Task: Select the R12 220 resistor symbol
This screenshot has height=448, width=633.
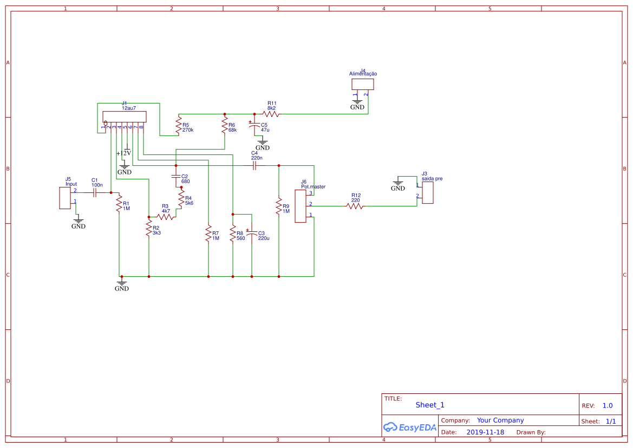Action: tap(355, 206)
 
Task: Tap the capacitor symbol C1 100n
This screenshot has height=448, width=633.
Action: tap(95, 193)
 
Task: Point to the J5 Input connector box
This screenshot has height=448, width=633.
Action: tap(65, 198)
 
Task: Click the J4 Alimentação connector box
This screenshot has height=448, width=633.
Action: tap(363, 85)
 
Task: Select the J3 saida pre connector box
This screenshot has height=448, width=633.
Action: tap(428, 193)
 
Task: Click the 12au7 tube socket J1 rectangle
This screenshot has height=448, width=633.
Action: tap(123, 117)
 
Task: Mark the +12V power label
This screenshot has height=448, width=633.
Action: tap(124, 153)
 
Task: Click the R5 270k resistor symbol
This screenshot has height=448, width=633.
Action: tap(178, 126)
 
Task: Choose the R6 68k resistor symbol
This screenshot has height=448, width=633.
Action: tap(224, 126)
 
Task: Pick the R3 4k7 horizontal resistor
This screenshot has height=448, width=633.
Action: tap(166, 217)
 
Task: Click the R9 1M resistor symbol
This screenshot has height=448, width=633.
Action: tap(279, 207)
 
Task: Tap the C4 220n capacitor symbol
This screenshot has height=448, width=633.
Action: tap(255, 166)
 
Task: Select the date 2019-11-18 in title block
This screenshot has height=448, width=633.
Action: tap(485, 432)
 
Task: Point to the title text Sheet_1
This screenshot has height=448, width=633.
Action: tap(430, 405)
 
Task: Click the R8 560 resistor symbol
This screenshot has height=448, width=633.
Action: tap(233, 235)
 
